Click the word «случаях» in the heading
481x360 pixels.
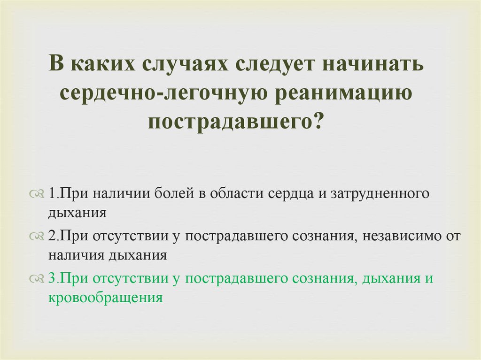point(182,64)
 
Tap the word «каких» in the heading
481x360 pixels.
point(101,64)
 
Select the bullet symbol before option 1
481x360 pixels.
point(37,194)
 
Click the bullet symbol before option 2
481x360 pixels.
point(37,237)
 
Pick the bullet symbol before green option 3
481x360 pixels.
point(37,279)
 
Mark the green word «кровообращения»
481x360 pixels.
point(105,297)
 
